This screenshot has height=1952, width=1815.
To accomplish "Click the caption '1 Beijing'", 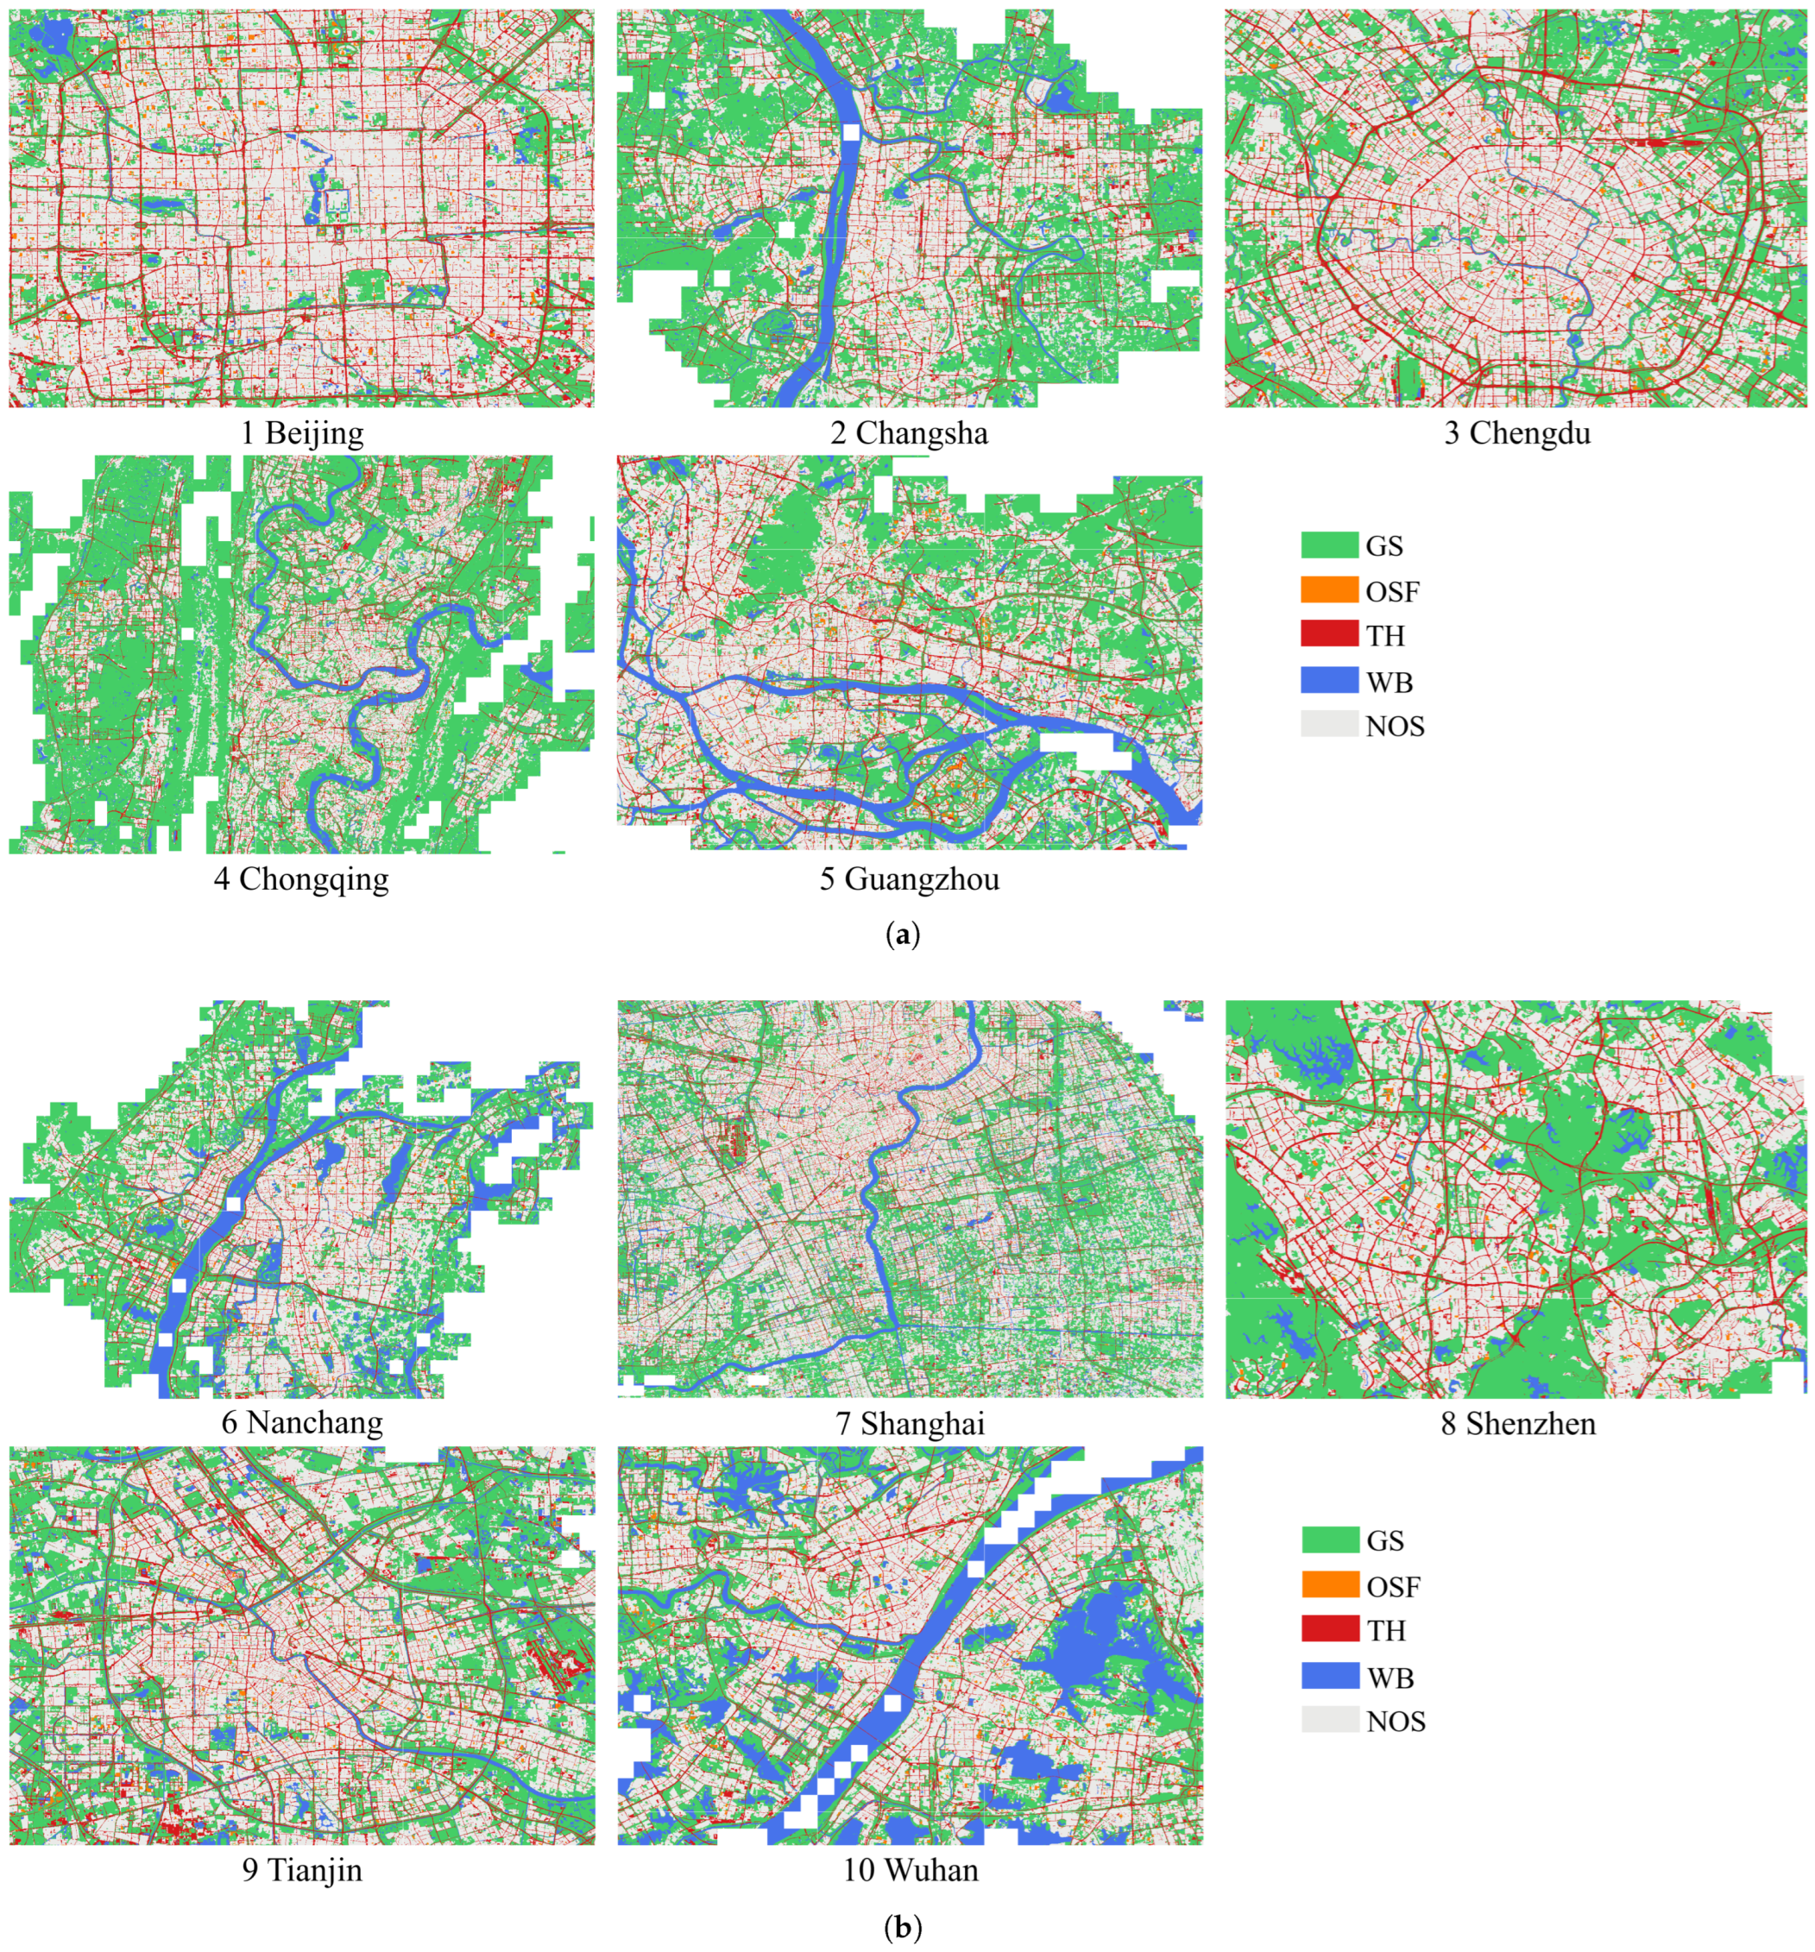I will pyautogui.click(x=301, y=433).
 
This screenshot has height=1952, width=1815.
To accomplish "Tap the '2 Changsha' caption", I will pyautogui.click(x=909, y=433).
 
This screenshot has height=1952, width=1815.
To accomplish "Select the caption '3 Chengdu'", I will pyautogui.click(x=1516, y=433).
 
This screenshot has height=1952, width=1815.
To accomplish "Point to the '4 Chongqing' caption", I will pyautogui.click(x=301, y=878).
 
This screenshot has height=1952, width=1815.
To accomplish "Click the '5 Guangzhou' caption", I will pyautogui.click(x=910, y=878).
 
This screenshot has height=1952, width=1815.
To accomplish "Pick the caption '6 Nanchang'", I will pyautogui.click(x=301, y=1422).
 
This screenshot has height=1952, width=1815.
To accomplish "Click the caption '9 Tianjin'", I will pyautogui.click(x=301, y=1868).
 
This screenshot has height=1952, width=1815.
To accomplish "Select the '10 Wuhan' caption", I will pyautogui.click(x=910, y=1868).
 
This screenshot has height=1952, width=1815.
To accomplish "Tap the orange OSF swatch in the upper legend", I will pyautogui.click(x=1329, y=590).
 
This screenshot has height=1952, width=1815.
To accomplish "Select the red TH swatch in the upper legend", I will pyautogui.click(x=1329, y=635).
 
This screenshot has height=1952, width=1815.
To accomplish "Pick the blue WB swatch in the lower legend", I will pyautogui.click(x=1330, y=1676).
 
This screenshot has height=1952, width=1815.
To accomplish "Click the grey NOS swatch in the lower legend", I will pyautogui.click(x=1330, y=1720).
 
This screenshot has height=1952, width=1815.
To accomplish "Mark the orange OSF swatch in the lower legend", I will pyautogui.click(x=1330, y=1584).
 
